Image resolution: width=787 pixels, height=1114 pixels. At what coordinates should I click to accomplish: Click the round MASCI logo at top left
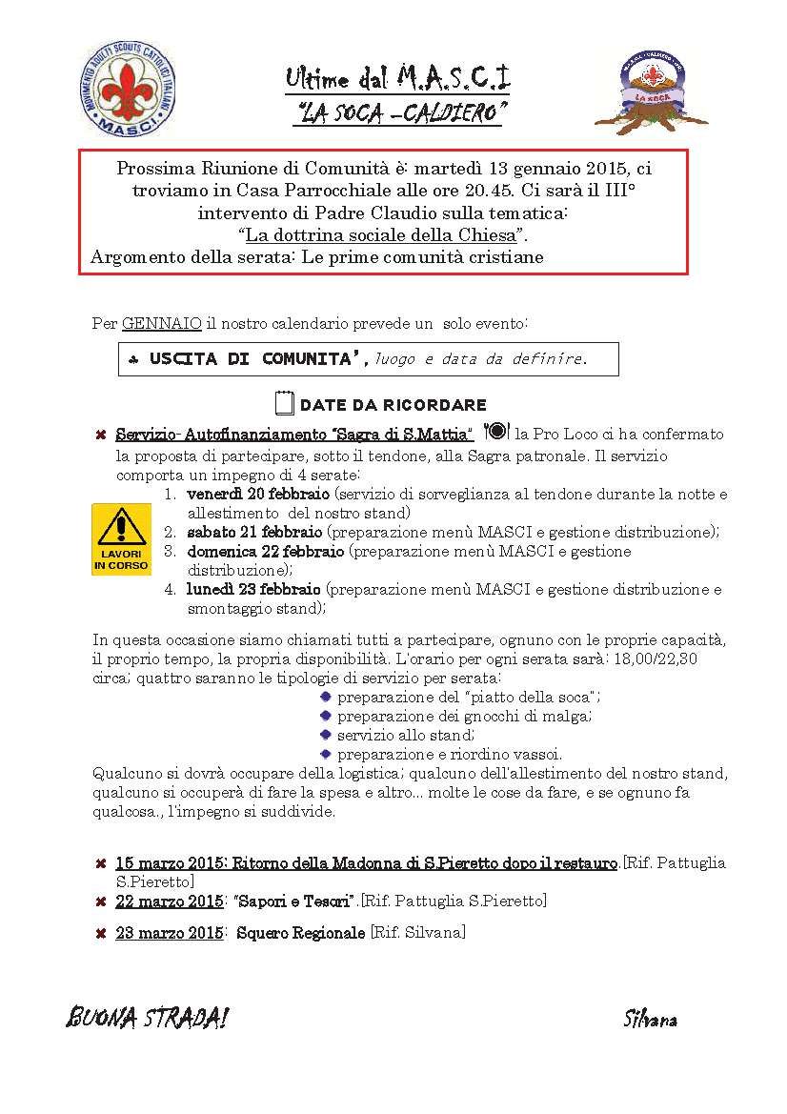(x=126, y=93)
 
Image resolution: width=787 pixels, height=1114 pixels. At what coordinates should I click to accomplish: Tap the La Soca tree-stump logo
(x=656, y=91)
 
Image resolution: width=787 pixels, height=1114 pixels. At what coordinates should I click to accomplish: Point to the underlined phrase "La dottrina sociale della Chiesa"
(x=381, y=233)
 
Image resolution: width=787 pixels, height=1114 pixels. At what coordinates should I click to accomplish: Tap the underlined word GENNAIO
(x=161, y=324)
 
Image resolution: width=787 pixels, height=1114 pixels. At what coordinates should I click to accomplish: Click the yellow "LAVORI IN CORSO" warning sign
(x=121, y=539)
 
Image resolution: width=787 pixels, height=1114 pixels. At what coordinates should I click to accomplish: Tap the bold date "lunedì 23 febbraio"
(x=254, y=589)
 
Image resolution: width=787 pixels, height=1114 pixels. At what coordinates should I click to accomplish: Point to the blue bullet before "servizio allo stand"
(x=326, y=735)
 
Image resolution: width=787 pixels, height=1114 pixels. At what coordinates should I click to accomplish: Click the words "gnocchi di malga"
(x=526, y=716)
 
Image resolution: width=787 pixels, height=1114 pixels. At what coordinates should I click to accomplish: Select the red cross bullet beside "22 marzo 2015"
(x=100, y=901)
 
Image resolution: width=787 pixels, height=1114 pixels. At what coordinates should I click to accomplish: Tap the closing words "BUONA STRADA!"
(x=147, y=1018)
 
